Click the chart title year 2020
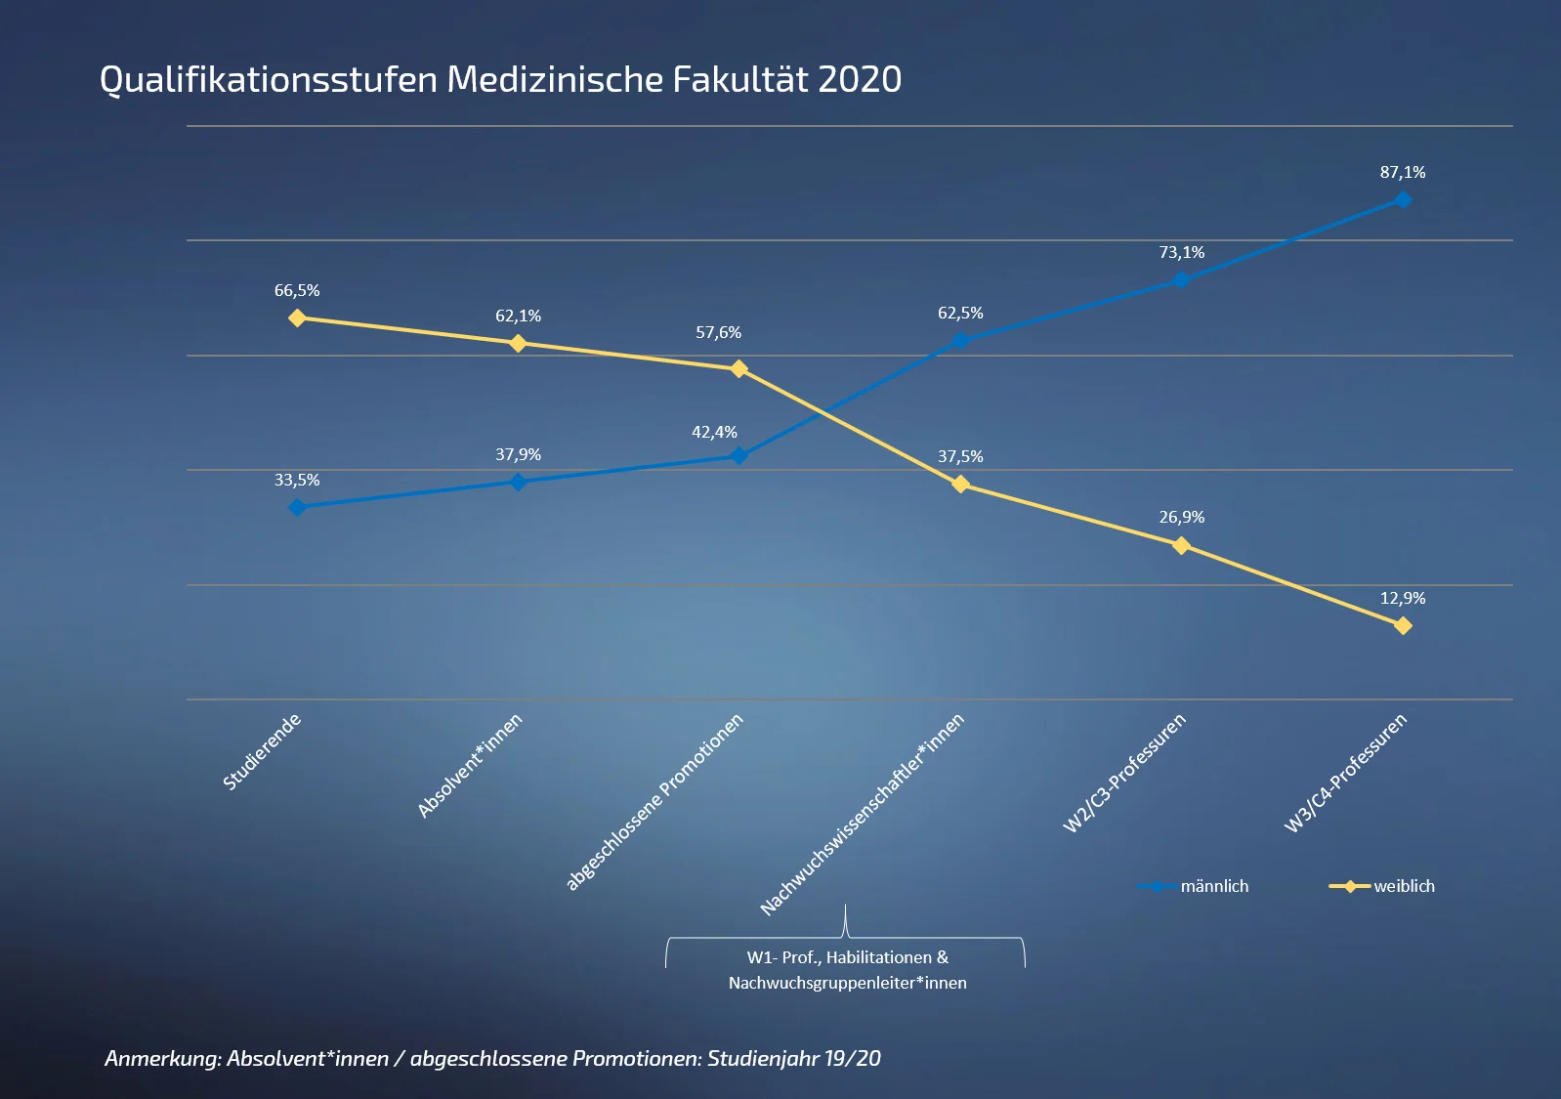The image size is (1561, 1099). [859, 79]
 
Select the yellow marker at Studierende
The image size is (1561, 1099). [298, 317]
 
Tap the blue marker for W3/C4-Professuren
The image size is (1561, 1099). [1403, 199]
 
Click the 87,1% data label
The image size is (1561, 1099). [1403, 173]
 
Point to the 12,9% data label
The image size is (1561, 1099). [1403, 598]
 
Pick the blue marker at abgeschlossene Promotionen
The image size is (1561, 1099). [739, 455]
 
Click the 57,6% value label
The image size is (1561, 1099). [718, 333]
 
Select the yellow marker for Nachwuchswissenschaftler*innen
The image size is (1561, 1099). [960, 484]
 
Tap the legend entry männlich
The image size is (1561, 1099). [1213, 886]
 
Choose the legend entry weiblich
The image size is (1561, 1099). [1404, 886]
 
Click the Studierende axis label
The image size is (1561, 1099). [262, 752]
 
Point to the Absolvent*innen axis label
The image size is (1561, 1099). [470, 766]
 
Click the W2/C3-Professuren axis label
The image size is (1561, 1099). [1124, 774]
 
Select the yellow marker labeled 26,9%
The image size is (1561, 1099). [1181, 545]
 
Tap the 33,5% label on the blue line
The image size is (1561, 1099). [297, 481]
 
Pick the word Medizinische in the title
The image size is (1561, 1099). [554, 79]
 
